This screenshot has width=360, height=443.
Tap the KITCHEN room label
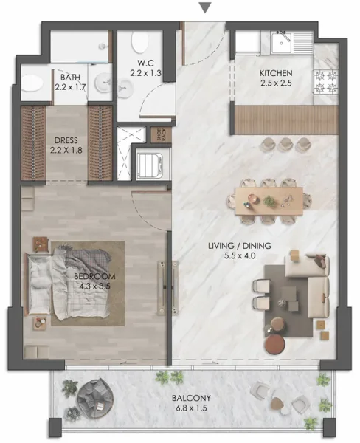pyautogui.click(x=277, y=73)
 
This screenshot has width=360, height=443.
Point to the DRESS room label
pyautogui.click(x=66, y=138)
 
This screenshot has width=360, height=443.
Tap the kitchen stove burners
pyautogui.click(x=325, y=81)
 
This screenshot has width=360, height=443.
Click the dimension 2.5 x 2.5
pyautogui.click(x=277, y=84)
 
